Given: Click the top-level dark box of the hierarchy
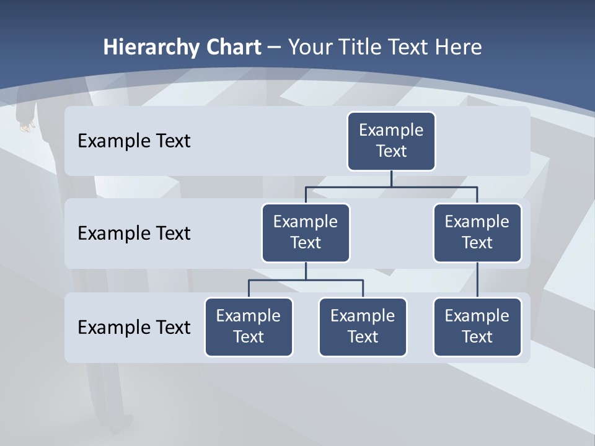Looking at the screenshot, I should [x=391, y=141].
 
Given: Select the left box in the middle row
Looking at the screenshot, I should [x=306, y=233].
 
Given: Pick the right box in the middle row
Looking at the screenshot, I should [x=477, y=233].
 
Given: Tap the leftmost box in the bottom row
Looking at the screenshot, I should [x=249, y=327].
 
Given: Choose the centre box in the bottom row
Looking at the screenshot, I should [x=363, y=327].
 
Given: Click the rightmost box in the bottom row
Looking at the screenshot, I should [x=477, y=327].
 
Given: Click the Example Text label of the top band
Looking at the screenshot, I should [x=134, y=141].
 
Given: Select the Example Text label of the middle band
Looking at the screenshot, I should [x=134, y=234].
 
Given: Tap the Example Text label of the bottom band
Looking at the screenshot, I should [x=134, y=327].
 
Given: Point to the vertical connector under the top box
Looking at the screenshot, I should [x=391, y=178].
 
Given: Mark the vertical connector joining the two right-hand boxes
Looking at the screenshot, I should [x=477, y=280].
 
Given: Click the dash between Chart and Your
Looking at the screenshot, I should [x=274, y=48].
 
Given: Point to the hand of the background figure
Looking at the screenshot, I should [x=25, y=127].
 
